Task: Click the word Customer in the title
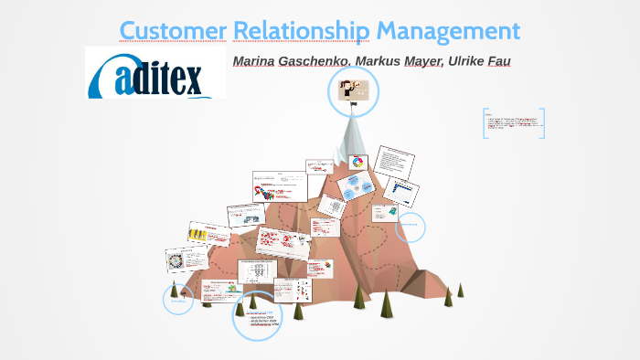coord(173,30)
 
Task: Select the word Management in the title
coord(448,30)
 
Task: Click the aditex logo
coord(155,72)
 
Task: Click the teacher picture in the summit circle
coord(353,91)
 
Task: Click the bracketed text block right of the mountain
coord(513,123)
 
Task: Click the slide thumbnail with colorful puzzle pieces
coord(279,186)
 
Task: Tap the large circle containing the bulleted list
coord(257,316)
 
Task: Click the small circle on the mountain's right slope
coord(411,227)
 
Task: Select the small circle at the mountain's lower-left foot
coord(178,298)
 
